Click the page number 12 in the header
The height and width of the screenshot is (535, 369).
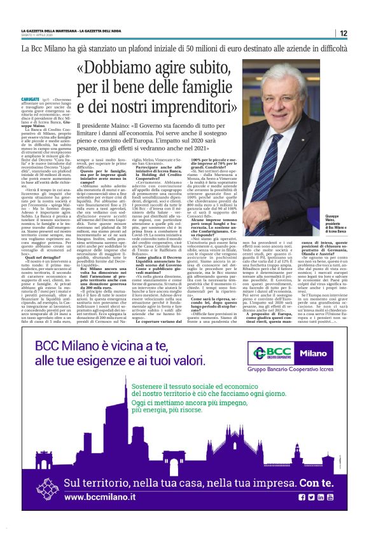coord(361,34)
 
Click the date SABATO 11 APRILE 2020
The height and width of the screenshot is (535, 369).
coord(39,36)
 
